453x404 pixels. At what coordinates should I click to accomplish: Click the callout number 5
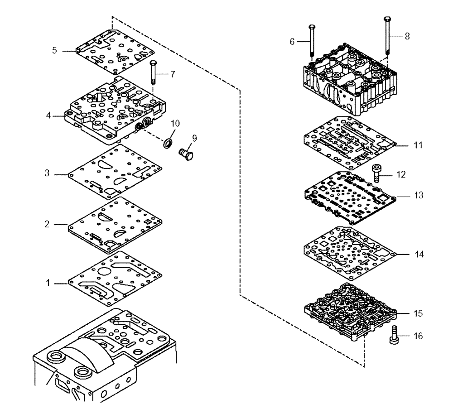(54, 51)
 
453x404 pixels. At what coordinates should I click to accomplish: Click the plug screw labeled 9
(186, 154)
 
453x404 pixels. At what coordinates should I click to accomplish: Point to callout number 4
(48, 115)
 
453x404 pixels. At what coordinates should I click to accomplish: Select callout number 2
(58, 225)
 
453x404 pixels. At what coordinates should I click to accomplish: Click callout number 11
(418, 145)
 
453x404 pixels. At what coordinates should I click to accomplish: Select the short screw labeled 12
(377, 174)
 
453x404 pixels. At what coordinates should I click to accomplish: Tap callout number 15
(418, 313)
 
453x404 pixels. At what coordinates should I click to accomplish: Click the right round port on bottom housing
(83, 373)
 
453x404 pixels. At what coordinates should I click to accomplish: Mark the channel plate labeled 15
(349, 313)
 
